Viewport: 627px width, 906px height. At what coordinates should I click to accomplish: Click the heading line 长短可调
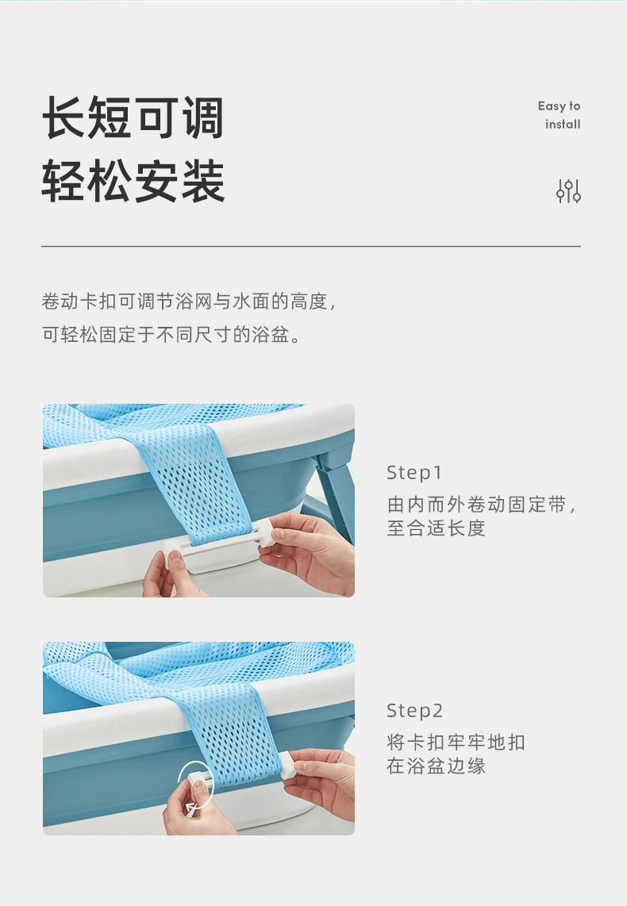[133, 118]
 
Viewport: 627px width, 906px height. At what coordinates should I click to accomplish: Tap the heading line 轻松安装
[133, 181]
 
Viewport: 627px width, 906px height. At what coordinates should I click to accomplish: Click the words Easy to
[559, 106]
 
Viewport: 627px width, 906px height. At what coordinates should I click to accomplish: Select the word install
[563, 125]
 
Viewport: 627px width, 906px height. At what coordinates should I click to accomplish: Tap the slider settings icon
[568, 191]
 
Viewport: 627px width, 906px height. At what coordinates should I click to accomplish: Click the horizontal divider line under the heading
[311, 247]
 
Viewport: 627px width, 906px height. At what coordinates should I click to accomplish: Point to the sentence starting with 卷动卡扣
[188, 301]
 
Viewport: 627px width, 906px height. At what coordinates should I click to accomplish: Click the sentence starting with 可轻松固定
[171, 335]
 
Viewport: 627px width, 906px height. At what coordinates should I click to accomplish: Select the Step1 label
[414, 473]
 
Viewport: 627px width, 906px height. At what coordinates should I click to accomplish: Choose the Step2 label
[415, 711]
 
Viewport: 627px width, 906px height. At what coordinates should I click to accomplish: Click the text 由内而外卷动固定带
[481, 505]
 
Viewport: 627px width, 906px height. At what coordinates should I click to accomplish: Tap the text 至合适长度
[437, 528]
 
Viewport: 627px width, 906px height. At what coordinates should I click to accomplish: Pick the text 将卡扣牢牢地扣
[456, 743]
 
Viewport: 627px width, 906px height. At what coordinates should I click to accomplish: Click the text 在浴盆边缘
[437, 766]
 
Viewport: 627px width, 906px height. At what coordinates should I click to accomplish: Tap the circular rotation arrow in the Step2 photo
[196, 787]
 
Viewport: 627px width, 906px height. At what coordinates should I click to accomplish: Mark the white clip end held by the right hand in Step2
[287, 765]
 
